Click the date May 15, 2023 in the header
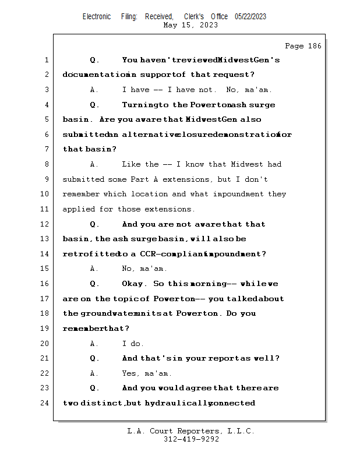[191, 25]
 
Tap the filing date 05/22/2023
[250, 16]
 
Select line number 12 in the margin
[46, 224]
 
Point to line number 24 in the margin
[46, 403]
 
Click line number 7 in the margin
[46, 150]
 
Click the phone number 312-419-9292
[191, 439]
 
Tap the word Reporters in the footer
[194, 431]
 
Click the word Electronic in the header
[97, 16]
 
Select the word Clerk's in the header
[194, 16]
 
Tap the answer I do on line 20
[133, 344]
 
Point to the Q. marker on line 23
[94, 388]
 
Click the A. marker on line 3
[94, 90]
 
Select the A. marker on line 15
[94, 269]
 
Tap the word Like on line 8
[131, 164]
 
